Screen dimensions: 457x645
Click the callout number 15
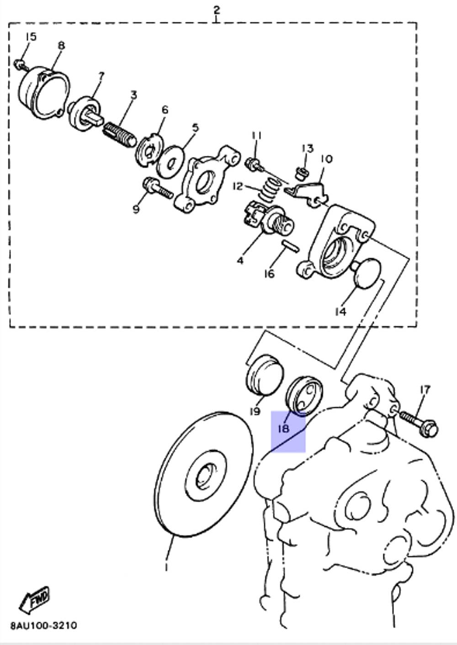pos(30,37)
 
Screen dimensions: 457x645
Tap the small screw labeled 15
pos(20,64)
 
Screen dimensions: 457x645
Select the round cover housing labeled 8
pos(44,94)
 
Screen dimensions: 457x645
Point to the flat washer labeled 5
pos(170,162)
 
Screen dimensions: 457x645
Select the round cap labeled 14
pos(367,273)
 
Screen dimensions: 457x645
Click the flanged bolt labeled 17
pos(418,423)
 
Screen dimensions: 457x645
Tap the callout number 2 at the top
pos(217,9)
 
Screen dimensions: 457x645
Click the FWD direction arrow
pos(34,599)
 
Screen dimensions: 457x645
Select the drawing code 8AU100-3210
pos(44,625)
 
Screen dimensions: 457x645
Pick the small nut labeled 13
pos(301,173)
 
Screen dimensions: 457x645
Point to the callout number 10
pos(326,159)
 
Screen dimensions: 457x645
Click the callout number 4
pos(240,261)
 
